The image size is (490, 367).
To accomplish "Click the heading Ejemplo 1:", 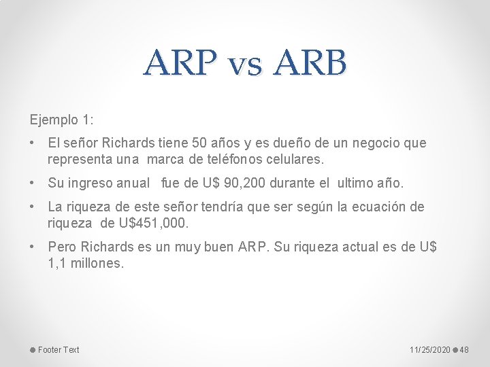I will [x=61, y=120].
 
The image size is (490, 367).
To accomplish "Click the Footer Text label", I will [x=59, y=350].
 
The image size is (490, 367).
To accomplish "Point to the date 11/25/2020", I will [x=429, y=350].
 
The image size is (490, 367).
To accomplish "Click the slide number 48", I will [x=465, y=350].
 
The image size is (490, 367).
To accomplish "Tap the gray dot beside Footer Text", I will [x=32, y=350].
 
